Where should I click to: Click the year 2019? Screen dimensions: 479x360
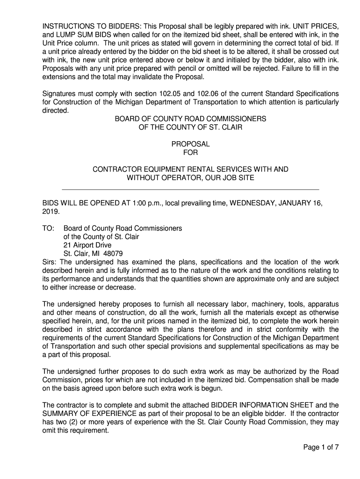pyautogui.click(x=50, y=211)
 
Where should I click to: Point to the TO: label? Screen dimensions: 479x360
pyautogui.click(x=49, y=228)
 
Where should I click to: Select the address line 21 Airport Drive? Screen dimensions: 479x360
pyautogui.click(x=87, y=245)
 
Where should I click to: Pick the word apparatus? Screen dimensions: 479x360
pyautogui.click(x=322, y=304)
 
